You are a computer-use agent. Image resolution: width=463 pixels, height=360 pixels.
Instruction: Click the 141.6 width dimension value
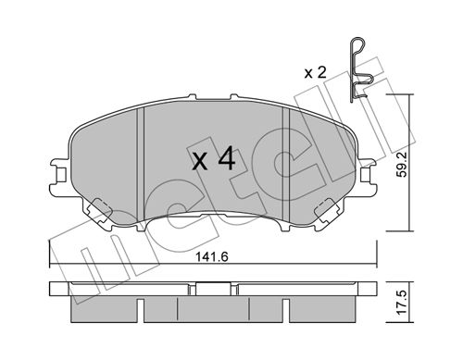pos(212,256)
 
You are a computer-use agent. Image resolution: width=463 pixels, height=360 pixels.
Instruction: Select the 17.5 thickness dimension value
pos(401,303)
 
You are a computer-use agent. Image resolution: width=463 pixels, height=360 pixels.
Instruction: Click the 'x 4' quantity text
pos(214,159)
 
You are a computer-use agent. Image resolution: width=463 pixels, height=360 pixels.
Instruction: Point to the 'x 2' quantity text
pos(315,73)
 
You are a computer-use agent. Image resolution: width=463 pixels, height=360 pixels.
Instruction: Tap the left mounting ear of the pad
pos(58,176)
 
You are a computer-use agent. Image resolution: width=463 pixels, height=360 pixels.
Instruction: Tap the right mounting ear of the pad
pos(368,176)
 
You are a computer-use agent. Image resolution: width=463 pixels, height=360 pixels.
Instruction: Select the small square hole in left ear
pos(62,176)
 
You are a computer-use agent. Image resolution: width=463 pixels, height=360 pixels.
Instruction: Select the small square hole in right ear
pos(365,176)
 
